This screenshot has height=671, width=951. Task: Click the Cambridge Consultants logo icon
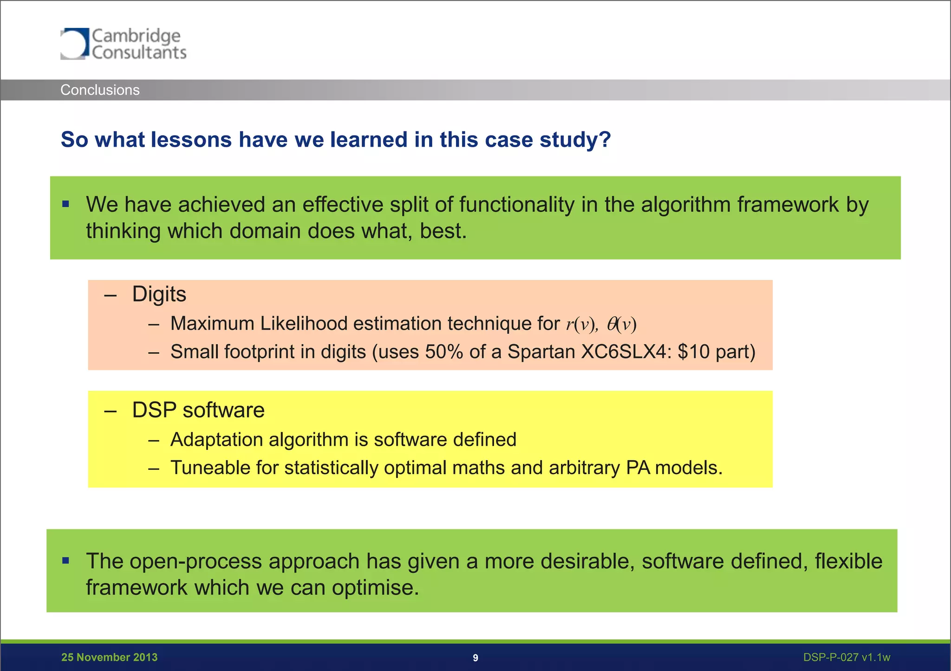point(74,44)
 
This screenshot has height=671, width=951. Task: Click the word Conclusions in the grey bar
point(100,90)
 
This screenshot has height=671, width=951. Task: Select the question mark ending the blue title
point(605,140)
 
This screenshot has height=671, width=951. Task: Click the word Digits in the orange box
point(159,294)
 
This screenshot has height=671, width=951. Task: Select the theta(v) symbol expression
point(622,324)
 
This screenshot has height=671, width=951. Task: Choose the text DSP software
point(198,410)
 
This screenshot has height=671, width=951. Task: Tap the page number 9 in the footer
point(475,658)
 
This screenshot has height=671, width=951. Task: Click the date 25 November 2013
point(109,658)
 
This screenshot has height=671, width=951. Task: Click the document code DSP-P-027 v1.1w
point(847,658)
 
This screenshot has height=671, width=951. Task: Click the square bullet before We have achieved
point(66,204)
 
